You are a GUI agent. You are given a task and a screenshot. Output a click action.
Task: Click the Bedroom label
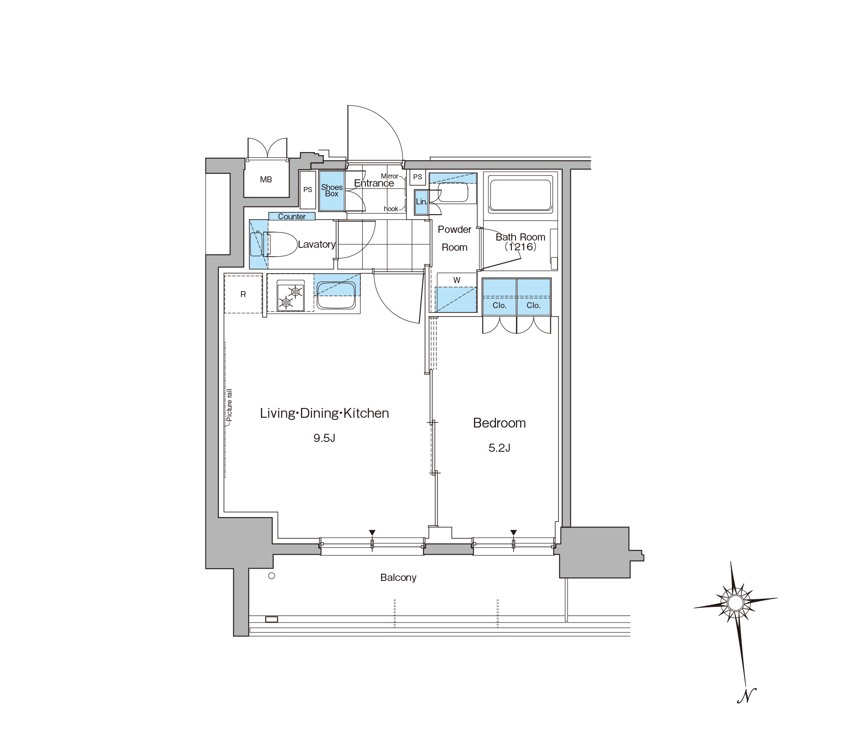click(x=499, y=423)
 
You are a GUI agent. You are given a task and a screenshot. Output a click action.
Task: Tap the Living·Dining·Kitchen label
click(x=324, y=413)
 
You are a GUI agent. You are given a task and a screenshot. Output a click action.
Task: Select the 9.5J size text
click(x=324, y=438)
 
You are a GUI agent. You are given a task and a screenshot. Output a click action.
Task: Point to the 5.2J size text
click(x=499, y=448)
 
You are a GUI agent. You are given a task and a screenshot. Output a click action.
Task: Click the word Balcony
click(x=398, y=578)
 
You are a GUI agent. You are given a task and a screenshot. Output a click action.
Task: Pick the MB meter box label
click(x=266, y=180)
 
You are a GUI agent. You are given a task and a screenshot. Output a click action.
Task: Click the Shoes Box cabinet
click(x=331, y=191)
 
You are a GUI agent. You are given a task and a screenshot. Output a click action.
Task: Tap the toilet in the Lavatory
click(x=274, y=244)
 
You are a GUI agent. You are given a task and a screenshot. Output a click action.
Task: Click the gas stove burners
click(x=291, y=296)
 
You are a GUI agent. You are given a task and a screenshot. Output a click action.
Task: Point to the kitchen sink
click(x=336, y=295)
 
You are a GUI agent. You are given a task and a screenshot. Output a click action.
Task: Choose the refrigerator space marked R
click(x=243, y=294)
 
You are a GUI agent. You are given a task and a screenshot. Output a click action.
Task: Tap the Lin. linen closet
click(x=421, y=202)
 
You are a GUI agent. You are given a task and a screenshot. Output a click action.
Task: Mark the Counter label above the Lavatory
click(x=292, y=216)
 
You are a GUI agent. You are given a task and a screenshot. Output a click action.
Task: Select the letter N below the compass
click(x=747, y=695)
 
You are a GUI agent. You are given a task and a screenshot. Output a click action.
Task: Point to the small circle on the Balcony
click(x=272, y=576)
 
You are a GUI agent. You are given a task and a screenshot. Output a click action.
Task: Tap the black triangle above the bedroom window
click(x=513, y=532)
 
